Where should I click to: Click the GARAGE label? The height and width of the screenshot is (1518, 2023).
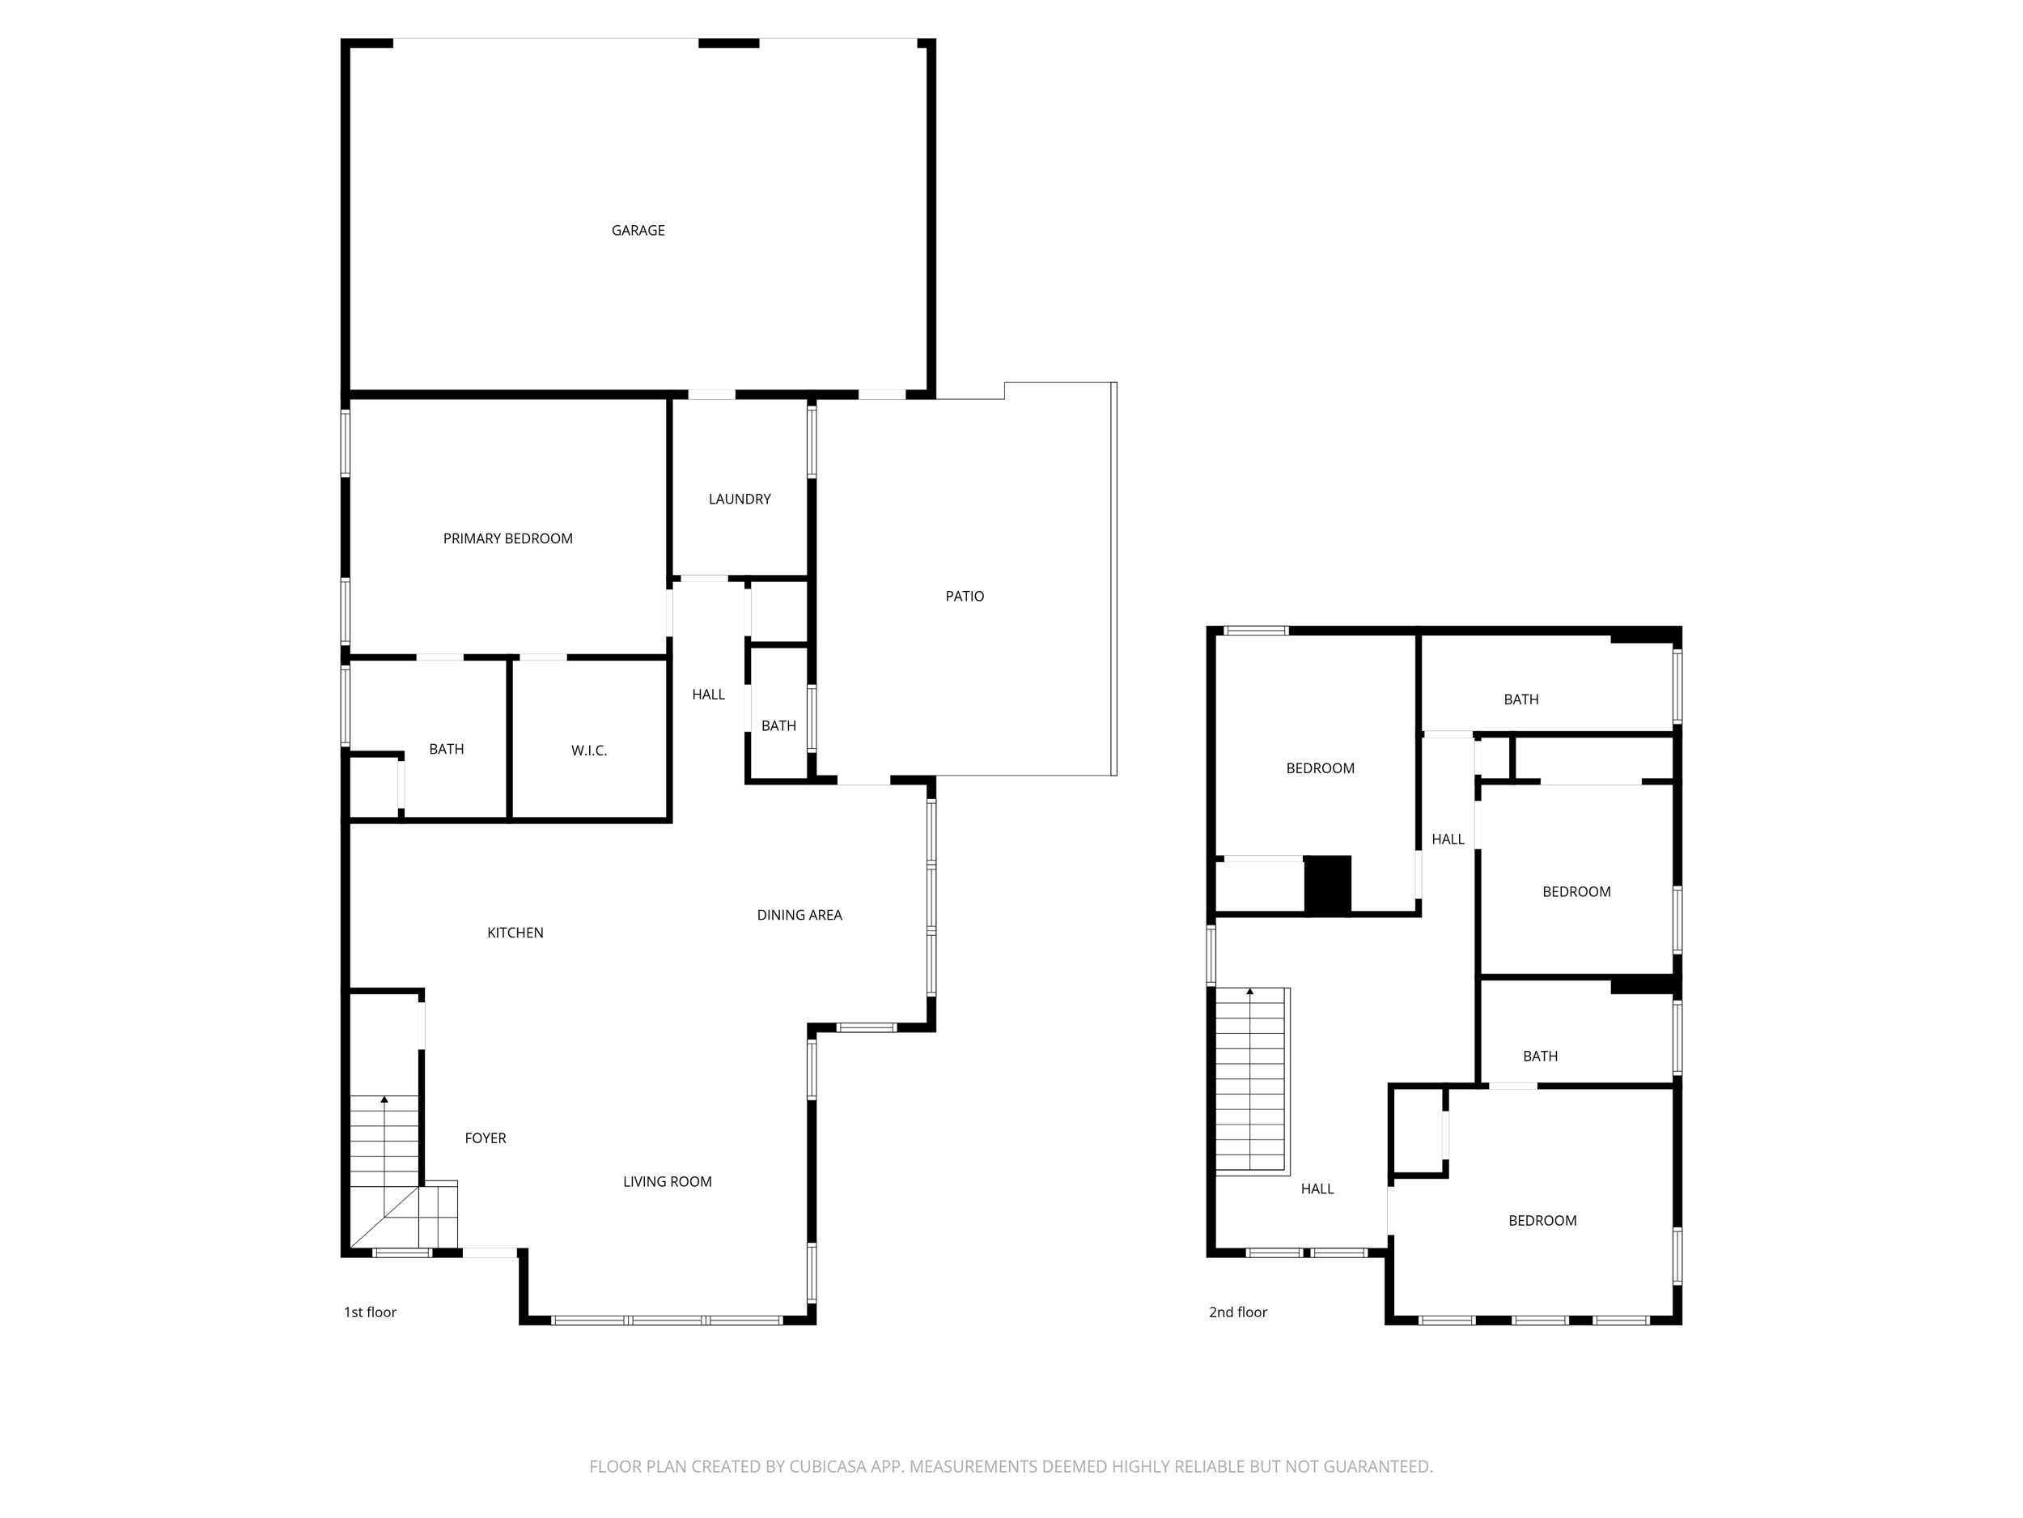click(638, 231)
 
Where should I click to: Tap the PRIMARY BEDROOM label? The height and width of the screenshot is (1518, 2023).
click(507, 539)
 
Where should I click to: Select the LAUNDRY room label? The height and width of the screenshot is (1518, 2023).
click(739, 499)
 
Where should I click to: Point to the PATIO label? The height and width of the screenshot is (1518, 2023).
click(964, 597)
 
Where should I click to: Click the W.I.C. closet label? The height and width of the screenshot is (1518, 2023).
click(588, 750)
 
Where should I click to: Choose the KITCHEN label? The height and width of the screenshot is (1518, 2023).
click(515, 933)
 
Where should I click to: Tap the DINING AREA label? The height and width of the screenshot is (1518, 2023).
click(799, 915)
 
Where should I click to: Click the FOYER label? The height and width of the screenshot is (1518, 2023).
click(485, 1138)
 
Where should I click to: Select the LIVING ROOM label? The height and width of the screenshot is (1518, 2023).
click(667, 1181)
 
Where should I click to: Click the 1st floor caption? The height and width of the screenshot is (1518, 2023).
click(370, 1312)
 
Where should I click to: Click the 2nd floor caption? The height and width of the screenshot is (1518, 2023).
click(1237, 1312)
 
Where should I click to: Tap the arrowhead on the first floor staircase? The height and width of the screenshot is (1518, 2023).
click(384, 1099)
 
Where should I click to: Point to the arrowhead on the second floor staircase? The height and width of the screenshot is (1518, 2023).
click(1249, 992)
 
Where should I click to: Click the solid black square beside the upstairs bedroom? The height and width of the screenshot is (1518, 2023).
click(1326, 884)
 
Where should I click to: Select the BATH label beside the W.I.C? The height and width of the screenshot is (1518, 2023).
click(447, 750)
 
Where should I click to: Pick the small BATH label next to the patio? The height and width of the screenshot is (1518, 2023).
click(778, 725)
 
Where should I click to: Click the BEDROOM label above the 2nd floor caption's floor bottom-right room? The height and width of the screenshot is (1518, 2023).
click(1542, 1221)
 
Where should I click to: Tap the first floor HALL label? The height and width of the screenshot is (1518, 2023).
click(708, 695)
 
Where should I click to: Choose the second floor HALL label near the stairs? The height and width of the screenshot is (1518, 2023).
click(1317, 1188)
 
